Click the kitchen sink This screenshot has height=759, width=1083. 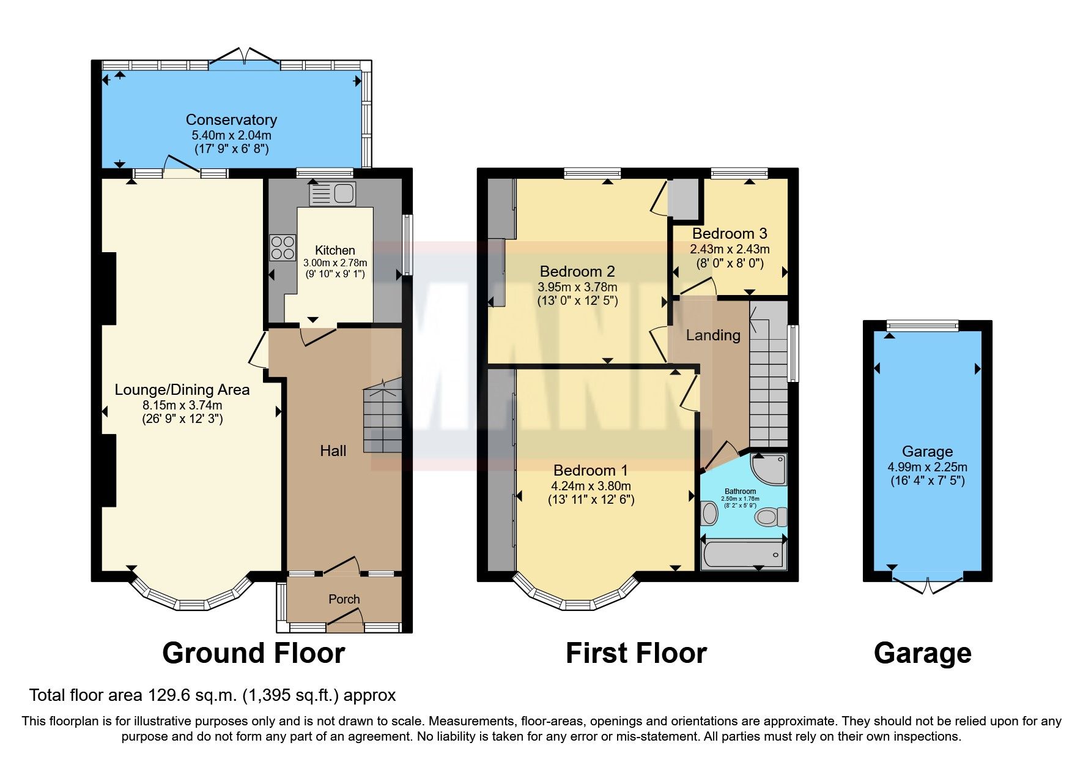(333, 194)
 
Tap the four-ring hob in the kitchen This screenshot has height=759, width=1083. (282, 248)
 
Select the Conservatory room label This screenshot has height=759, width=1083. (231, 120)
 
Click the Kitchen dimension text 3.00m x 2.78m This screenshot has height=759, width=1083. (335, 263)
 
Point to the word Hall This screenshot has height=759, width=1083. (333, 451)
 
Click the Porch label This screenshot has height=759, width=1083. (344, 599)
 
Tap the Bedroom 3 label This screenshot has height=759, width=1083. (730, 233)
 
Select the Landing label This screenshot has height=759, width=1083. (713, 335)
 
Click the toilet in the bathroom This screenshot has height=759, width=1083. (772, 517)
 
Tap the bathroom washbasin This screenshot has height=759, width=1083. (709, 514)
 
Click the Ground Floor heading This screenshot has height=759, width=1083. (253, 653)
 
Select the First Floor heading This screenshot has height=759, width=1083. (636, 653)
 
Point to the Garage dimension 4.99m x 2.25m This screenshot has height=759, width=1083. (927, 467)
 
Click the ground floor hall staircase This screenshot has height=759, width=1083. (383, 420)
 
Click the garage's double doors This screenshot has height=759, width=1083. (927, 585)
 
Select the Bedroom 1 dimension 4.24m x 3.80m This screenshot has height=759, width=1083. (591, 486)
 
